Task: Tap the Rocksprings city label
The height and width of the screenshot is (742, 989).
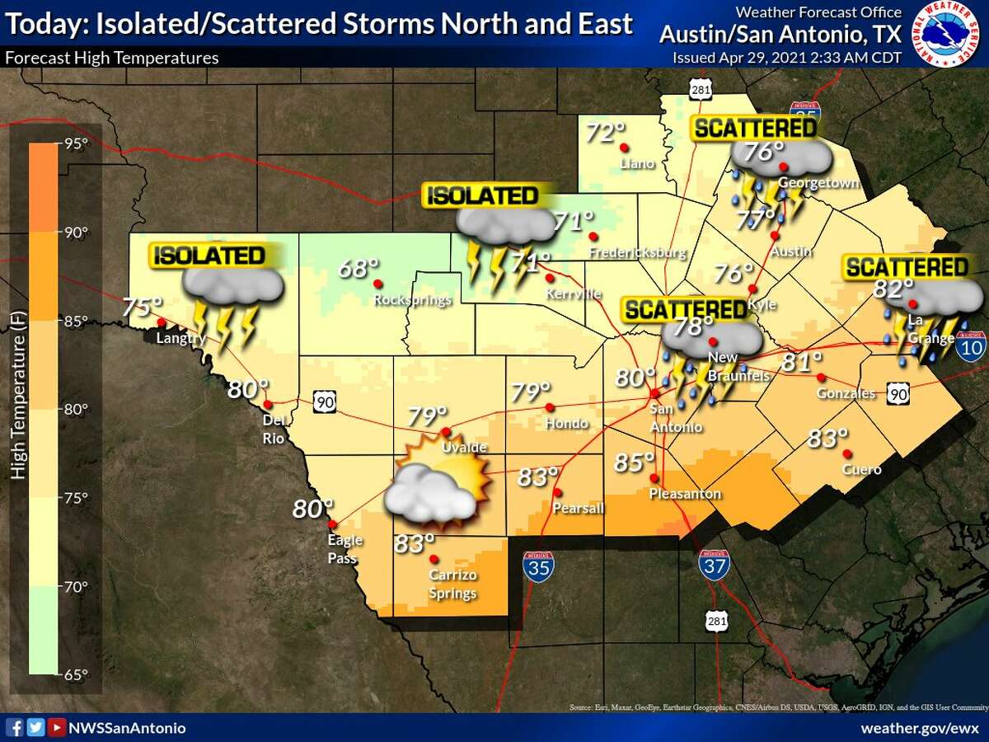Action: [x=413, y=300]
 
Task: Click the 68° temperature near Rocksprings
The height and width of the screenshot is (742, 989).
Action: [x=358, y=269]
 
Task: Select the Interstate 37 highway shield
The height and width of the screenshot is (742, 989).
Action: [x=713, y=565]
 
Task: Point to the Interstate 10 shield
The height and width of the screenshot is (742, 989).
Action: [x=972, y=346]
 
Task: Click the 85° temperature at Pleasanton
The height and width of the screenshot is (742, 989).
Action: [x=634, y=463]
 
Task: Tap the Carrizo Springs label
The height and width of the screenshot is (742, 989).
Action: [x=452, y=585]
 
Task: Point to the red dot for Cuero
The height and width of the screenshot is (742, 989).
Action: [x=846, y=453]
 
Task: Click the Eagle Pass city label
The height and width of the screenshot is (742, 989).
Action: [x=343, y=549]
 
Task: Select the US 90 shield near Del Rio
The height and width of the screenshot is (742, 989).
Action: [x=324, y=402]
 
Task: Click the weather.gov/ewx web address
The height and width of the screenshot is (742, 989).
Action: [x=920, y=728]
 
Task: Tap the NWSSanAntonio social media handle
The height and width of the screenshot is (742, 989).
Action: [x=127, y=728]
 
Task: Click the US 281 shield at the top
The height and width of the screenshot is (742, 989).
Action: [x=701, y=90]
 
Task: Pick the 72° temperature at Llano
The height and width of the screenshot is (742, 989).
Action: [x=606, y=132]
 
